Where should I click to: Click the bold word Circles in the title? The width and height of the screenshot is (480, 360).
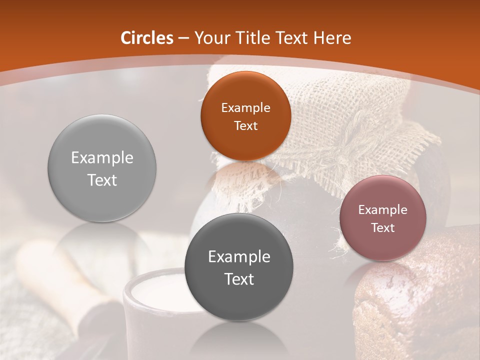pos(147,38)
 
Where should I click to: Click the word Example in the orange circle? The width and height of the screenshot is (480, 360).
pos(245,108)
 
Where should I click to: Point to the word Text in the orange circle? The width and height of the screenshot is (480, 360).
pos(245,125)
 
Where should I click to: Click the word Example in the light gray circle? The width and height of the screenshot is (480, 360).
pos(102,158)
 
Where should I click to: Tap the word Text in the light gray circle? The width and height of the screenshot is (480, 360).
pos(102,180)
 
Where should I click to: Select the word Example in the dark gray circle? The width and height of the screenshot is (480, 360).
pos(239,257)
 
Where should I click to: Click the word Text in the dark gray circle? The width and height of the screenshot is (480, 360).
pos(239,279)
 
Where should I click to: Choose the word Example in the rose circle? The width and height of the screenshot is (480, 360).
pos(382,210)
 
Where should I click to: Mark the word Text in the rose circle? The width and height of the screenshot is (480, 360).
pos(382,228)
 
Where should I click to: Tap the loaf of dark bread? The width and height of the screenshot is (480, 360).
pos(420,300)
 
